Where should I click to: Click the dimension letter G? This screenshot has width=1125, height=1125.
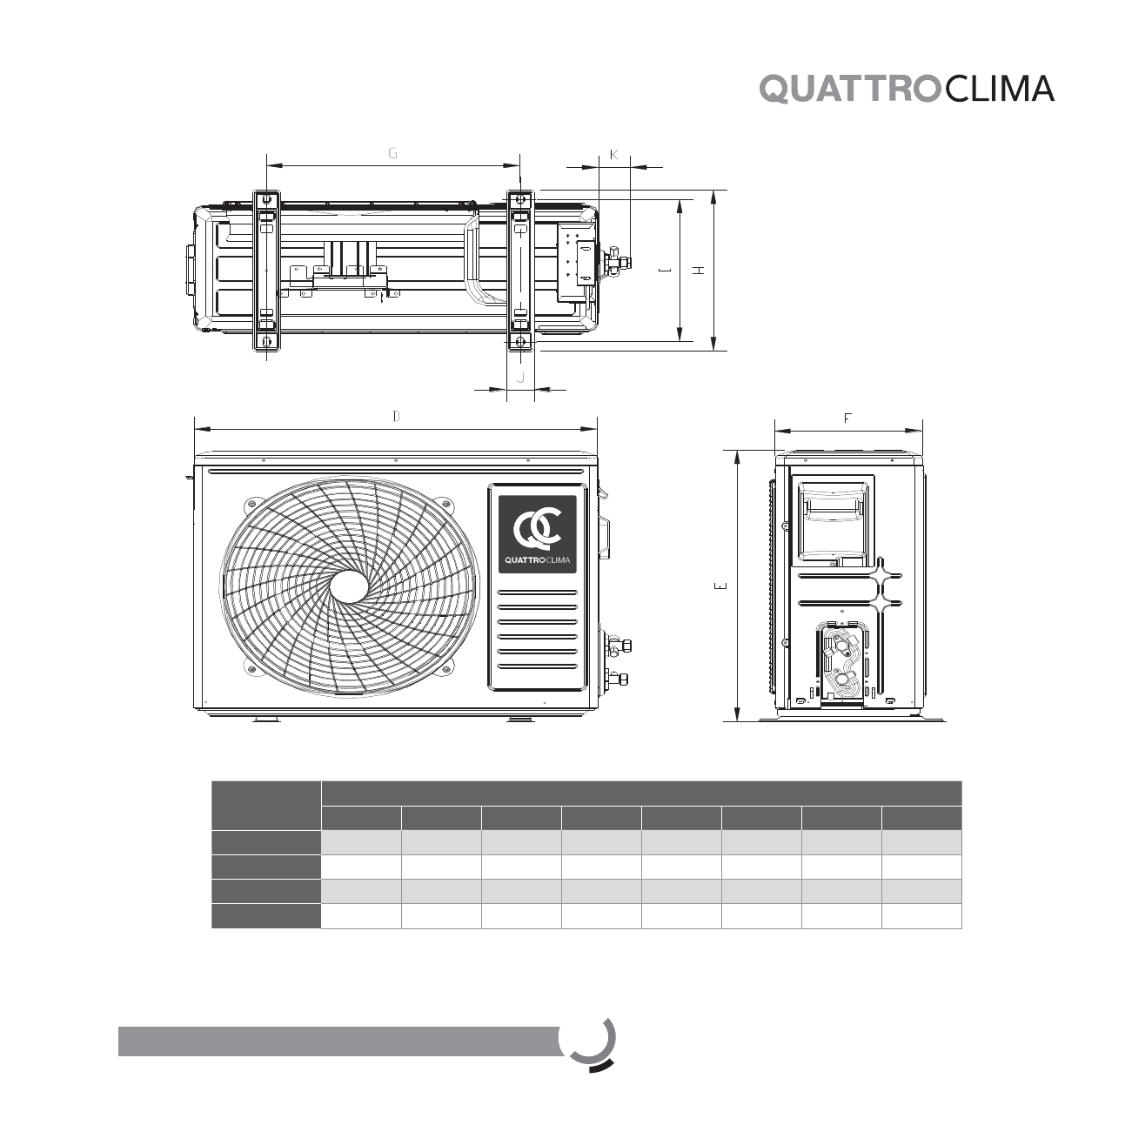[x=393, y=153]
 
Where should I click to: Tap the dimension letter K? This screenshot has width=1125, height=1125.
[x=613, y=154]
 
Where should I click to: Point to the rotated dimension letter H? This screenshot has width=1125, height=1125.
[x=699, y=270]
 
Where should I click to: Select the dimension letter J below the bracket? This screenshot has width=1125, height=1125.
[x=521, y=378]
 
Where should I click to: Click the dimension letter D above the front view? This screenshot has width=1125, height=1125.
[x=397, y=416]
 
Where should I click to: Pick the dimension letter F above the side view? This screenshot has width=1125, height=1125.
[x=847, y=418]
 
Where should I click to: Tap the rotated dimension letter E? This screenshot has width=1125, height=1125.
[x=721, y=586]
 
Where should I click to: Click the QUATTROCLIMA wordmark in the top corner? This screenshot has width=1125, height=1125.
[x=907, y=89]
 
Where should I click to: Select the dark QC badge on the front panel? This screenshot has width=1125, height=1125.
[x=537, y=534]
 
